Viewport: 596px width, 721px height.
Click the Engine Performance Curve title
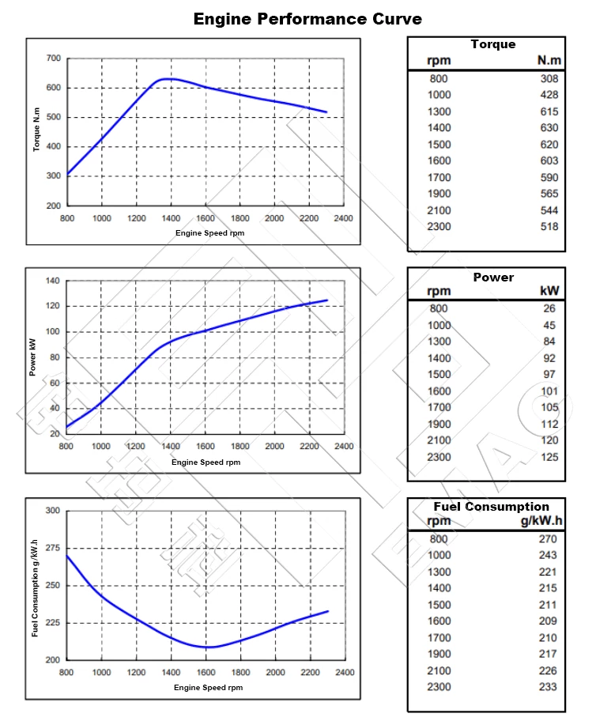[307, 18]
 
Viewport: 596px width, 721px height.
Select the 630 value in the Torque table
[549, 128]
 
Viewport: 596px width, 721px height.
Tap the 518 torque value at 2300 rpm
[549, 227]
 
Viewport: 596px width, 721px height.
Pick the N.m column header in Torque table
[548, 60]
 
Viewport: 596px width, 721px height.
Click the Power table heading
[493, 277]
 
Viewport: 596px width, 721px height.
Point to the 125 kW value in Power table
[549, 457]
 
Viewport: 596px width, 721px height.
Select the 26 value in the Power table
[550, 308]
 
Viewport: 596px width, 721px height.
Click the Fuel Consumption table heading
[491, 507]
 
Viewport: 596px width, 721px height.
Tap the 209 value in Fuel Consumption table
[547, 621]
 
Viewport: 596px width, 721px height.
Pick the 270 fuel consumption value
[547, 539]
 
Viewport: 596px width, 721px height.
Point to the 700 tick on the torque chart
[53, 59]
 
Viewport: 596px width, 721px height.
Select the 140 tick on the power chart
[53, 281]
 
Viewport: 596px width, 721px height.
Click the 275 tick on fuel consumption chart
[52, 548]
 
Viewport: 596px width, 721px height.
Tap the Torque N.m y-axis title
[36, 131]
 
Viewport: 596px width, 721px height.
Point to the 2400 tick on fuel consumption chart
[344, 673]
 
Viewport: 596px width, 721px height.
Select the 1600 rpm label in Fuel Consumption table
[439, 621]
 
